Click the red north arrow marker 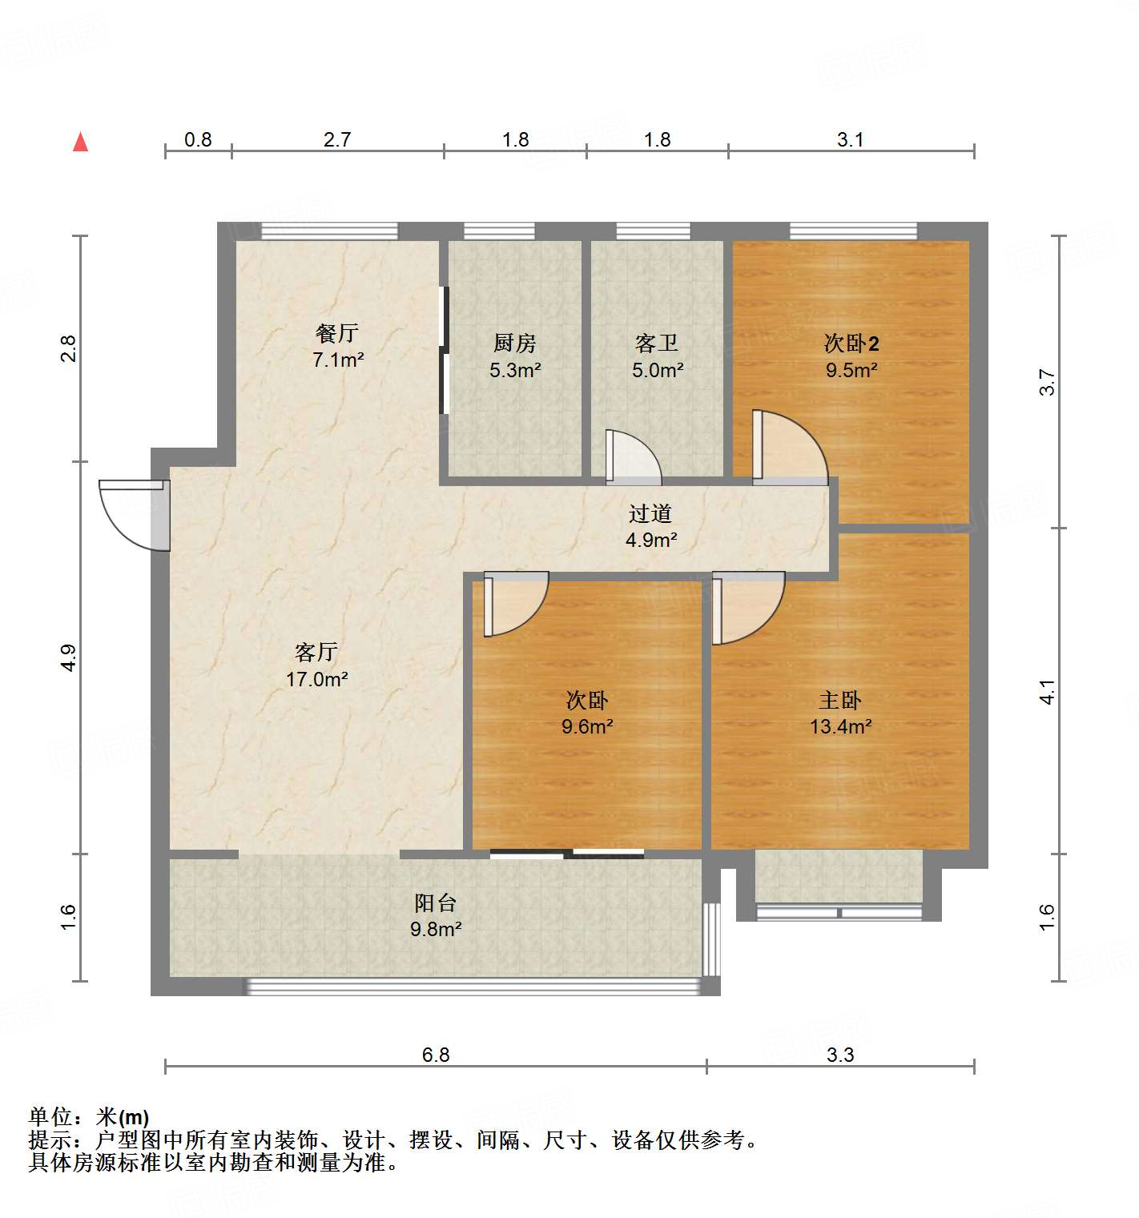(80, 142)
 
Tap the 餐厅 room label (337, 333)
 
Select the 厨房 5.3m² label (515, 356)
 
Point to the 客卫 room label (657, 344)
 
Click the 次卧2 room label (851, 344)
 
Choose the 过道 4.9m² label (650, 526)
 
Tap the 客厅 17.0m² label (316, 665)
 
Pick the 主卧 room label (840, 701)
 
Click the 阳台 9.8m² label (436, 915)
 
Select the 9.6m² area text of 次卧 (587, 727)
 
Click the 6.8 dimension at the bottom (436, 1055)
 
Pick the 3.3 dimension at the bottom (840, 1055)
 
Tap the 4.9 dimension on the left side (68, 657)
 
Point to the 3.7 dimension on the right (1047, 382)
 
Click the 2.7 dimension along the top (337, 139)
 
